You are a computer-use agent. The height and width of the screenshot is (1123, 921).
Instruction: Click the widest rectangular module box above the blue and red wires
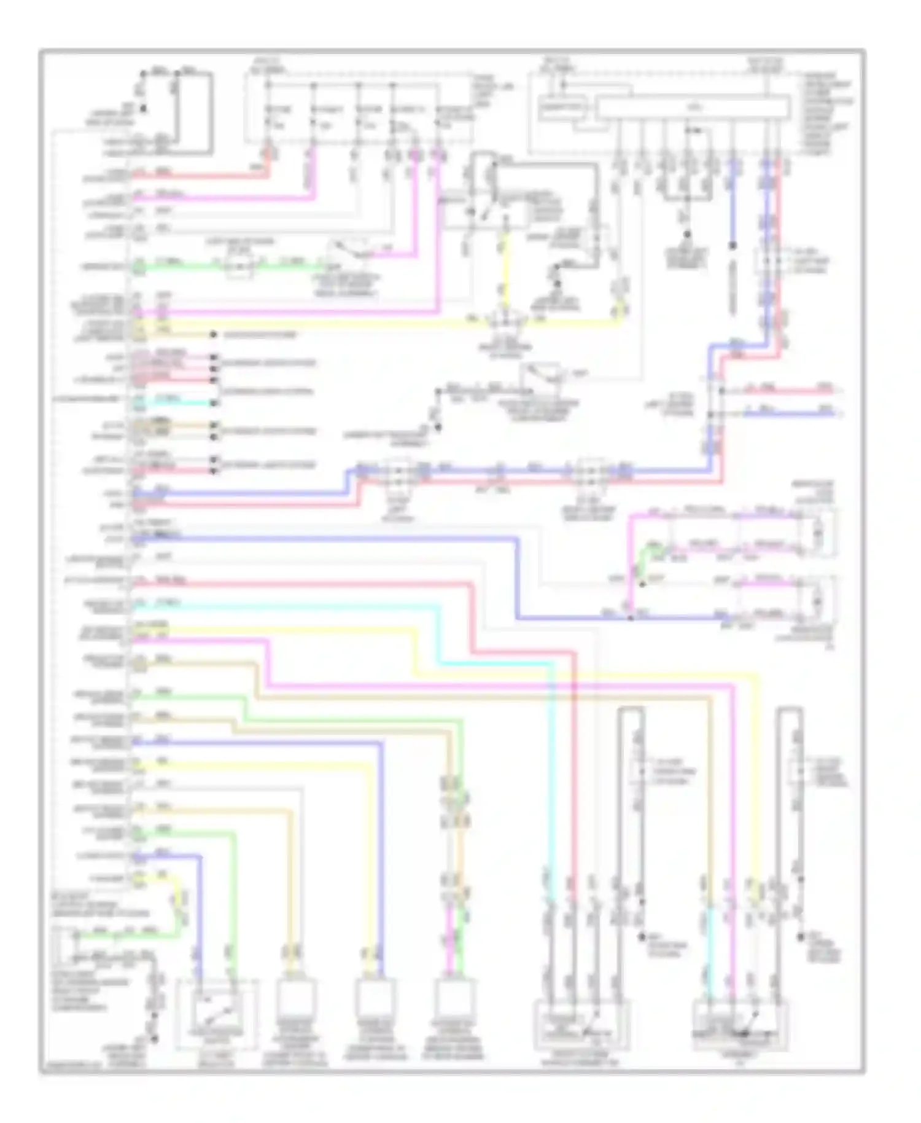[693, 108]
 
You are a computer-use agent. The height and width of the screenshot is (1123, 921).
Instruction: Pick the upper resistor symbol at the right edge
[817, 533]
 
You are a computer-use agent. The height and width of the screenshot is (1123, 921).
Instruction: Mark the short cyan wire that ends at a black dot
[178, 403]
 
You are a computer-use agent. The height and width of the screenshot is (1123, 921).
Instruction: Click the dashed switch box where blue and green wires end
[216, 1015]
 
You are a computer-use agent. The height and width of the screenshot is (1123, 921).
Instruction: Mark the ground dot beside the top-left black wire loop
[144, 109]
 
